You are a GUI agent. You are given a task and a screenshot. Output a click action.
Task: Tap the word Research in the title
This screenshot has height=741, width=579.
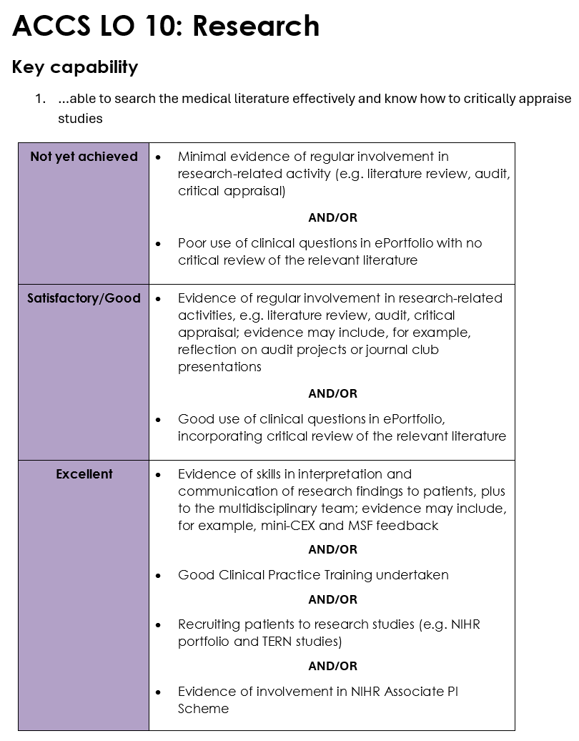(256, 26)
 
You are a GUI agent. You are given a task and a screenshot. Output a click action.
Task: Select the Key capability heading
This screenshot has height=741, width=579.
(75, 67)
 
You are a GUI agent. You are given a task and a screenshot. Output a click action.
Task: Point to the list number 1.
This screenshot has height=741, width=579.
(40, 99)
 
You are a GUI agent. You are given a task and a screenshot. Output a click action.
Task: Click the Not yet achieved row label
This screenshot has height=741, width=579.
(84, 157)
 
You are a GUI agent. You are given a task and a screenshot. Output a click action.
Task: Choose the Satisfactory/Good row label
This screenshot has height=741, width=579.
(84, 298)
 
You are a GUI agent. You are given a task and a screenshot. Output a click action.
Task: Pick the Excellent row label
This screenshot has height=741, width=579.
(84, 474)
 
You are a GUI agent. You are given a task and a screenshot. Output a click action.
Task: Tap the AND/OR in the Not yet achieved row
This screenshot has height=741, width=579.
(332, 217)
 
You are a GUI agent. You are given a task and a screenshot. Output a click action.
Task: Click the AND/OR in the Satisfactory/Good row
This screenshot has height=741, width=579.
(332, 393)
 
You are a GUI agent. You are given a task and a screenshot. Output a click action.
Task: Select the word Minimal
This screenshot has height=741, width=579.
(202, 157)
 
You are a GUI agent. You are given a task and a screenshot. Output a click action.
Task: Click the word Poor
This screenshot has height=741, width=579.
(192, 243)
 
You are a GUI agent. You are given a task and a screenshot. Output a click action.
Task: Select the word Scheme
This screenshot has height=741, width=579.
(204, 709)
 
